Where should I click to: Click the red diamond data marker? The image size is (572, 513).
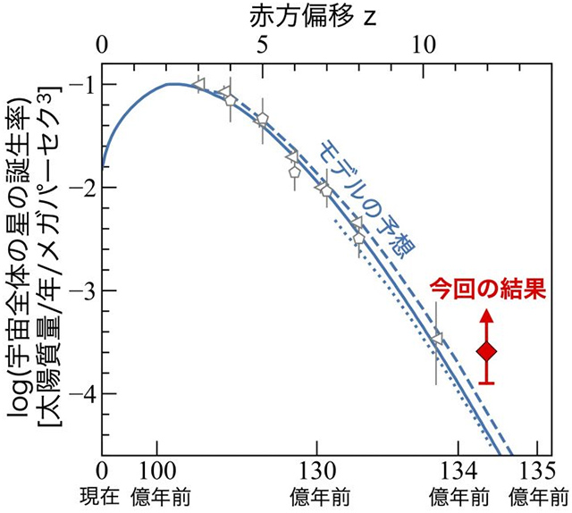pyautogui.click(x=486, y=352)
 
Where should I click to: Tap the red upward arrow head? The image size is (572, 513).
pyautogui.click(x=486, y=315)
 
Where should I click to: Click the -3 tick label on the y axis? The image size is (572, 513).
pyautogui.click(x=83, y=290)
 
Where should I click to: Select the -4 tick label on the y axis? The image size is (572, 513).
pyautogui.click(x=83, y=394)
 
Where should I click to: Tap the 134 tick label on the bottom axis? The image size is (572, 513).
pyautogui.click(x=458, y=472)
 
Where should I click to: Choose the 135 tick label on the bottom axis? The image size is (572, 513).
pyautogui.click(x=536, y=472)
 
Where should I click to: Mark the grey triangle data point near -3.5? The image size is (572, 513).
pyautogui.click(x=437, y=338)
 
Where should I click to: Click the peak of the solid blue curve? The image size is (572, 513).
pyautogui.click(x=172, y=84)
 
